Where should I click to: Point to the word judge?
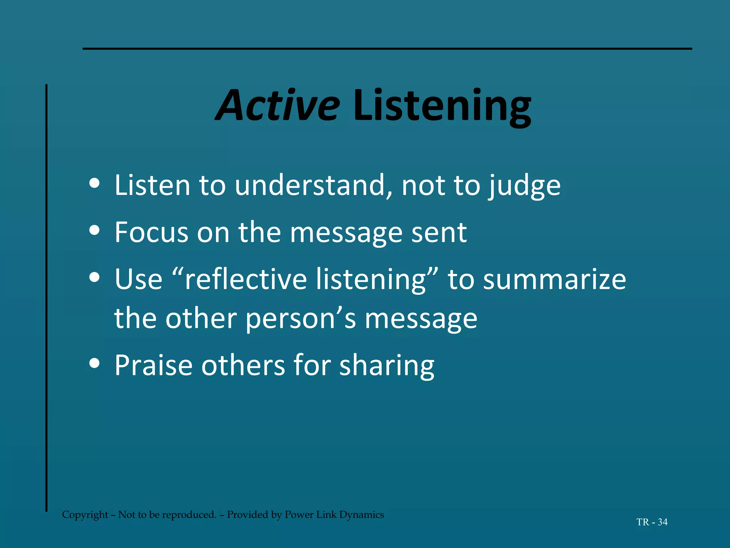[524, 186]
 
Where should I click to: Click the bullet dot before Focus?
[94, 230]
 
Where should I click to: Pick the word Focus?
[151, 232]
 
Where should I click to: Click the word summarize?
[554, 280]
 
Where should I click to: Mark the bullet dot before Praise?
[94, 363]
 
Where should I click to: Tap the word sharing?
[386, 366]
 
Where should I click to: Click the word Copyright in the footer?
[85, 515]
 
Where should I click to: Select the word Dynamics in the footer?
[361, 515]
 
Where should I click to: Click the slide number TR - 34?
[652, 522]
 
